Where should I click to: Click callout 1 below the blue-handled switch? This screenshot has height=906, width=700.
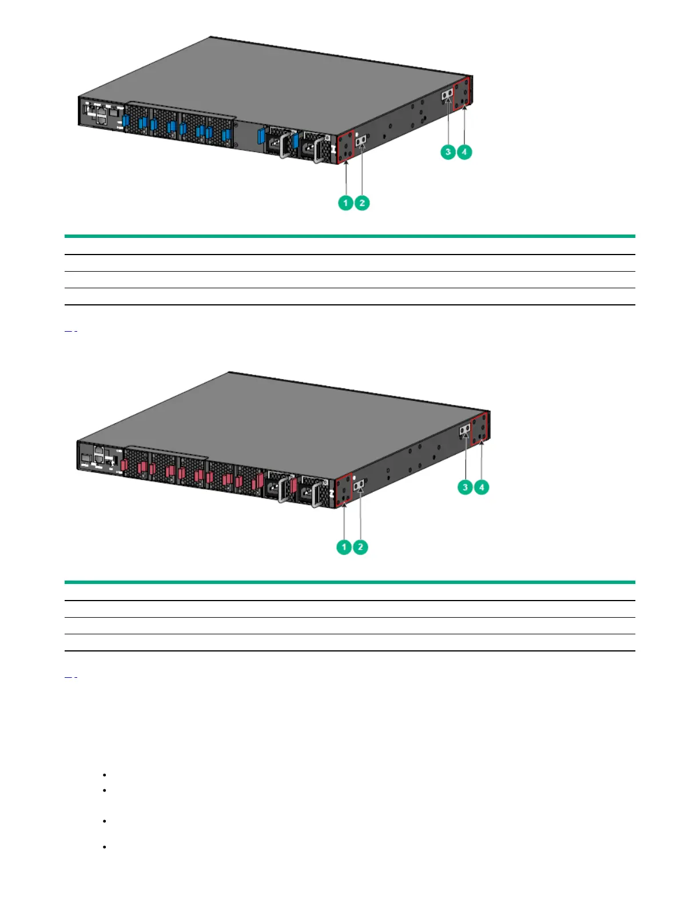coord(345,203)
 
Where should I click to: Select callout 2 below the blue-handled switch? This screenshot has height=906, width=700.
coord(362,203)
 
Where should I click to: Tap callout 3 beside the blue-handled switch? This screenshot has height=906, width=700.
coord(448,152)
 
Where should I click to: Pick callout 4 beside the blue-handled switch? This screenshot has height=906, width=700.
coord(464,152)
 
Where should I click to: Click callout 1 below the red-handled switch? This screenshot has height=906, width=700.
coord(344,547)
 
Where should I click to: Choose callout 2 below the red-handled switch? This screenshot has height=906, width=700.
coord(360,547)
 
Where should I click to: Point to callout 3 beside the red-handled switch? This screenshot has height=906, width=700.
coord(465,487)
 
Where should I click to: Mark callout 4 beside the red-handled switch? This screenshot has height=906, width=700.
coord(482,487)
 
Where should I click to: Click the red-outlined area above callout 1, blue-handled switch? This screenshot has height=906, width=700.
coord(345,146)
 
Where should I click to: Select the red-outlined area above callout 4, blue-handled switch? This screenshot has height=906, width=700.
coord(462,92)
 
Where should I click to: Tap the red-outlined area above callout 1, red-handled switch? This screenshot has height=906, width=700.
coord(343,491)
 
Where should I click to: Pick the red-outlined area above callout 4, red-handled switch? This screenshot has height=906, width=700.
coord(479,428)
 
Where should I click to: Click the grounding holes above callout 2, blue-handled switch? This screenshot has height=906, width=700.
coord(361,140)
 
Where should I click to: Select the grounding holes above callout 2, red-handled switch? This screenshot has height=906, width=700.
coord(359,486)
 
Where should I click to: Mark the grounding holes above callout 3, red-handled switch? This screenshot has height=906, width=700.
coord(465,429)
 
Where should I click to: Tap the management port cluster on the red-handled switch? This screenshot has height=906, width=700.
coord(100,456)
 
